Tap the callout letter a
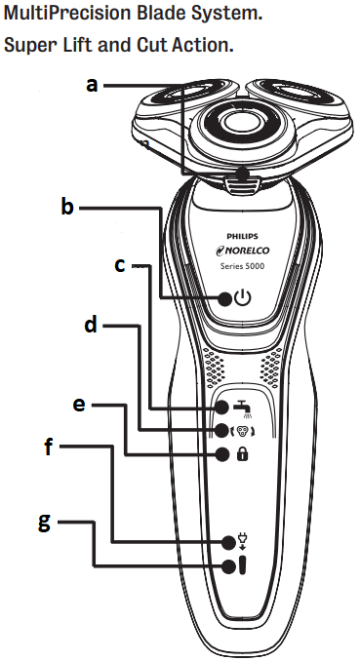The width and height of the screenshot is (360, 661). pos(92,85)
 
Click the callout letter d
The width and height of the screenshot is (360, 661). pos(91,324)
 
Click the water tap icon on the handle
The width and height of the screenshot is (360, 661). pos(240,408)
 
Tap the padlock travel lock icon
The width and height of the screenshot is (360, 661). pos(240,453)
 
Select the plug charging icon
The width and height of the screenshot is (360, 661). pos(240,542)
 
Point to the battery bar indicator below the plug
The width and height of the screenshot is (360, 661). pos(240,566)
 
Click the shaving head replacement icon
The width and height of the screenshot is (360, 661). pos(239,431)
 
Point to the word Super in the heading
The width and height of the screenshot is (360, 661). pos(30,46)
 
